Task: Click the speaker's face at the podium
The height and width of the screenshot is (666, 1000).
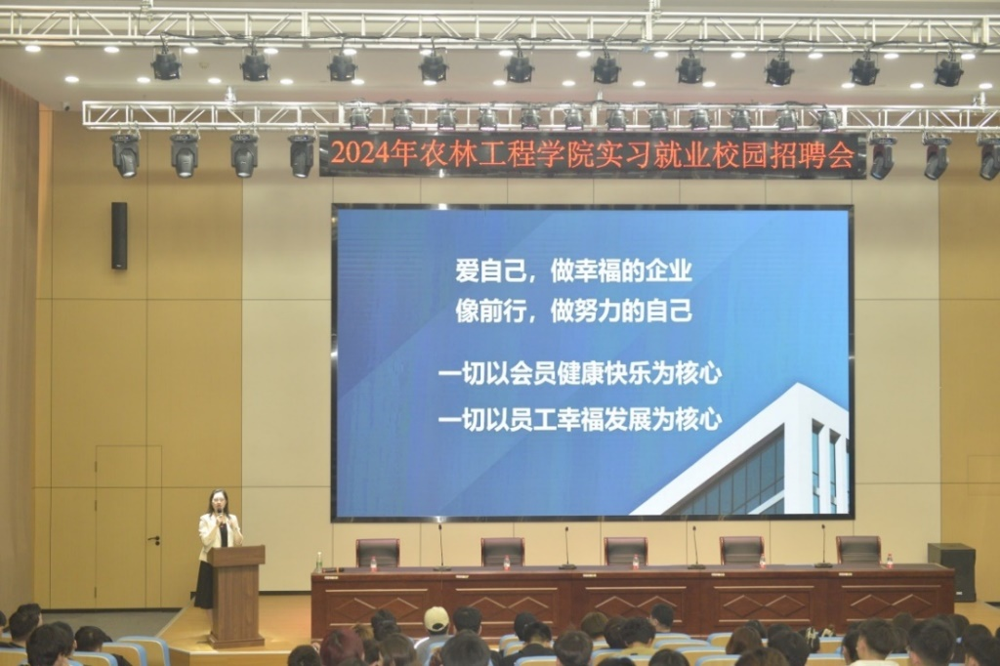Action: click(x=218, y=501)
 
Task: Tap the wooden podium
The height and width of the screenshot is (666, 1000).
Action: click(x=236, y=595)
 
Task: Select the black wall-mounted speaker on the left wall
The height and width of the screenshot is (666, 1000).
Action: click(x=119, y=235)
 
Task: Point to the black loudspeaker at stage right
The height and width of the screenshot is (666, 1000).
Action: click(x=951, y=571)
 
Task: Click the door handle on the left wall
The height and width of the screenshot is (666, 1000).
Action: click(x=153, y=540)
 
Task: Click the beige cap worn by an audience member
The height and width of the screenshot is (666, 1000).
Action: click(x=437, y=618)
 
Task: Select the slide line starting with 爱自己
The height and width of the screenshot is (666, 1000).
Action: click(x=573, y=271)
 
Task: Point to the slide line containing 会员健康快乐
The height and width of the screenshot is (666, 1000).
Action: click(x=580, y=374)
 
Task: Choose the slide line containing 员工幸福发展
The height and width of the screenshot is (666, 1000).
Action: click(x=580, y=420)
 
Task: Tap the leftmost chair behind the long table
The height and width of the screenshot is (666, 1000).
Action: click(x=378, y=553)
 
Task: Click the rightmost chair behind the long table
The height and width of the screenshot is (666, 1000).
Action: click(x=858, y=549)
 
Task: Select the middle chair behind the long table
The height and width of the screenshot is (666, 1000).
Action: click(x=626, y=551)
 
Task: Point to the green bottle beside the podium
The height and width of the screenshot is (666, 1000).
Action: click(x=319, y=562)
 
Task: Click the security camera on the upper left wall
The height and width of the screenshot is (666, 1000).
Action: click(x=65, y=106)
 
